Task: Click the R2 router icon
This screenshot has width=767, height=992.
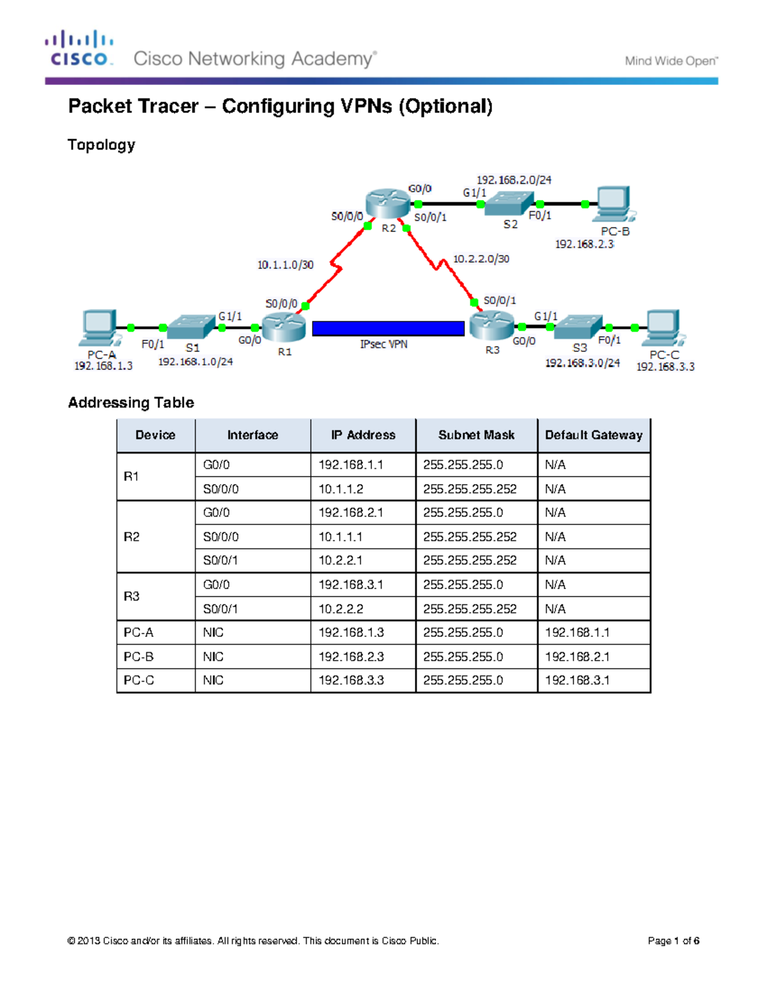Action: [388, 202]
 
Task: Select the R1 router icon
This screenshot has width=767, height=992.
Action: [283, 327]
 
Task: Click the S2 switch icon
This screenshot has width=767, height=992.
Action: [509, 204]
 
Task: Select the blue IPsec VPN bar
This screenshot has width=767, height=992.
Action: [388, 328]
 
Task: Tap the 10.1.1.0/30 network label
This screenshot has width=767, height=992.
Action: [285, 264]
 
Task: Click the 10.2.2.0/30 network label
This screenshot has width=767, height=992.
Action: [481, 259]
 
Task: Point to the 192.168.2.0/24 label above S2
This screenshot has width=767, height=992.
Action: [514, 180]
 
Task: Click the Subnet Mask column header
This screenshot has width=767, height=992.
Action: [476, 435]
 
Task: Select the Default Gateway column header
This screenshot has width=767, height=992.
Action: [594, 435]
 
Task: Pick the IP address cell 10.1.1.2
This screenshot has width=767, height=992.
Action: [341, 489]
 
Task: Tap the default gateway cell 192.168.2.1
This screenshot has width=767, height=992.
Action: [577, 657]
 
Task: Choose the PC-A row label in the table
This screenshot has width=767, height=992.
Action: [139, 632]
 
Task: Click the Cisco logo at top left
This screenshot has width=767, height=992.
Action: [80, 49]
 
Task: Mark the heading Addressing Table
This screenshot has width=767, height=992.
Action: [131, 402]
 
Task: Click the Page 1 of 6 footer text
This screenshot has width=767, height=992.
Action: [673, 940]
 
